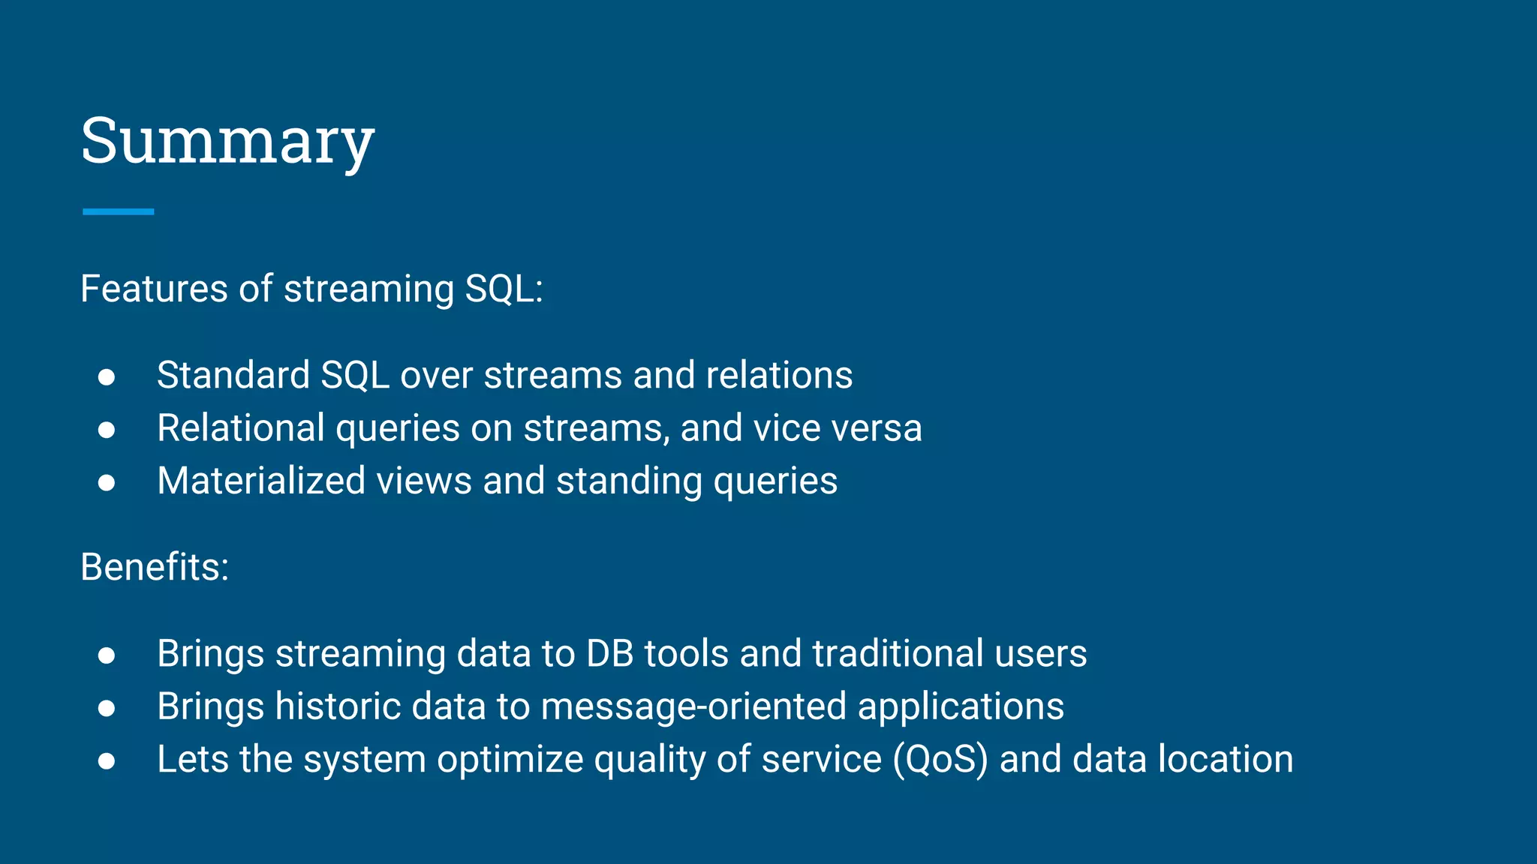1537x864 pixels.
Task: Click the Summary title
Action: (x=227, y=142)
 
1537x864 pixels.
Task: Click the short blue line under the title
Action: (x=118, y=212)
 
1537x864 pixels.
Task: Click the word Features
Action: (x=153, y=289)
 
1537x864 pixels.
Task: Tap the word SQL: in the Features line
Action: (x=504, y=289)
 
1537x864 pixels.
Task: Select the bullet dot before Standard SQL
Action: (x=107, y=376)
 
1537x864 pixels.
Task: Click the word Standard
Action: (x=233, y=375)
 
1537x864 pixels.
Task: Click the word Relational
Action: (x=240, y=428)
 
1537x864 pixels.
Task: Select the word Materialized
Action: (x=261, y=481)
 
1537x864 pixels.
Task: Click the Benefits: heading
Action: (x=155, y=567)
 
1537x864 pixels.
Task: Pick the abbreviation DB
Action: (x=610, y=653)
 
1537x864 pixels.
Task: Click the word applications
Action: (x=961, y=706)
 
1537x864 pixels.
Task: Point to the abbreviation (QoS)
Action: (x=940, y=759)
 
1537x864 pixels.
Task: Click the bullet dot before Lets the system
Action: (x=107, y=761)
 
